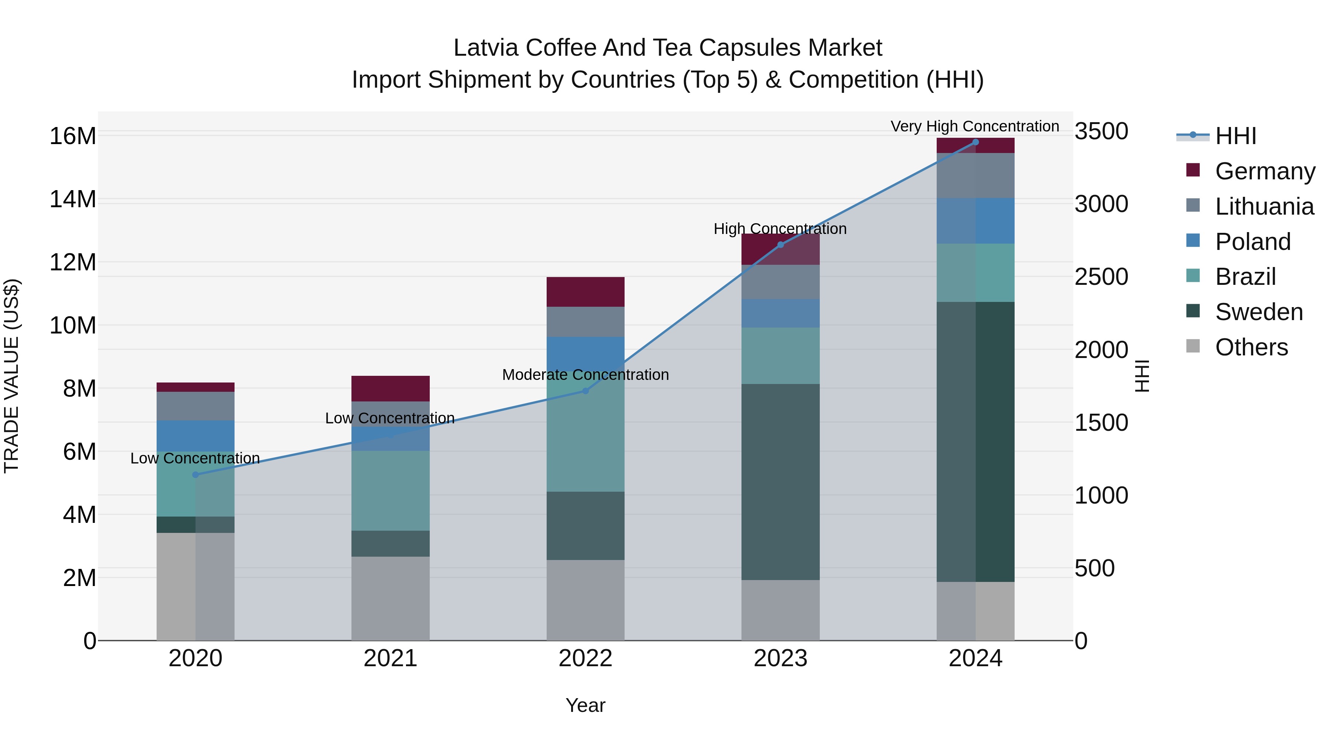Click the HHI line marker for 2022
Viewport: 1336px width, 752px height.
[586, 391]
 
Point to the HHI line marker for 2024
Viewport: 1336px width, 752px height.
[976, 142]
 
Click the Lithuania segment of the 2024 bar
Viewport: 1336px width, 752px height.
[976, 175]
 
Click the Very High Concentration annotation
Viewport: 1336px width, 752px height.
[975, 127]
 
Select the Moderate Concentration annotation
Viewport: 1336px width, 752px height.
[586, 375]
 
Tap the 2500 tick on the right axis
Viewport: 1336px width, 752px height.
[1101, 277]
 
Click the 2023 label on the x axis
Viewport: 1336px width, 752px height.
[780, 658]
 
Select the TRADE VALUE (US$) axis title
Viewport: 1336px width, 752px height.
[12, 376]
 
